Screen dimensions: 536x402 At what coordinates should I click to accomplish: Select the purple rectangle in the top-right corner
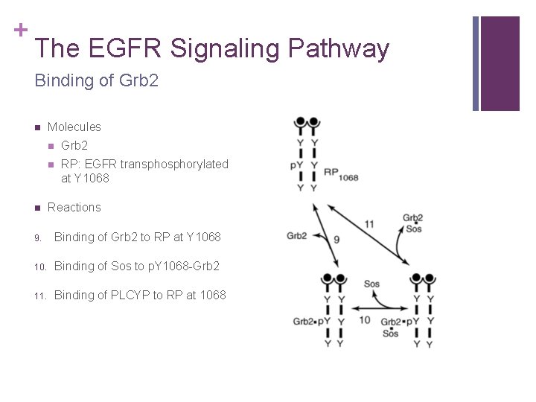click(x=500, y=63)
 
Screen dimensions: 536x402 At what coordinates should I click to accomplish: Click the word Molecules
click(x=74, y=127)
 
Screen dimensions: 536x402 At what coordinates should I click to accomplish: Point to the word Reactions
click(x=74, y=207)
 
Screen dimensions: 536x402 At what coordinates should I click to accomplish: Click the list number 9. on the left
click(x=37, y=237)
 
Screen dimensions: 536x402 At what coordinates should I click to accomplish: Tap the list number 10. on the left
click(x=39, y=267)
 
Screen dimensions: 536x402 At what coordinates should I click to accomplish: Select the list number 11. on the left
click(x=39, y=296)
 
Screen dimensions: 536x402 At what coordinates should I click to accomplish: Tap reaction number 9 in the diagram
click(x=336, y=240)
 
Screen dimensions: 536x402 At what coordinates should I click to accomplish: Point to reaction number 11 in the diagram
click(x=369, y=223)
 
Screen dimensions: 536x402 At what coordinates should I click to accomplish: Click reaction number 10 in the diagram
click(x=365, y=320)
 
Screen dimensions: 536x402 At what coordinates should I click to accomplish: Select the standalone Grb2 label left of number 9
click(x=297, y=236)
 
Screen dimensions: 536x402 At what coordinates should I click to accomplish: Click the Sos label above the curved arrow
click(x=371, y=284)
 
